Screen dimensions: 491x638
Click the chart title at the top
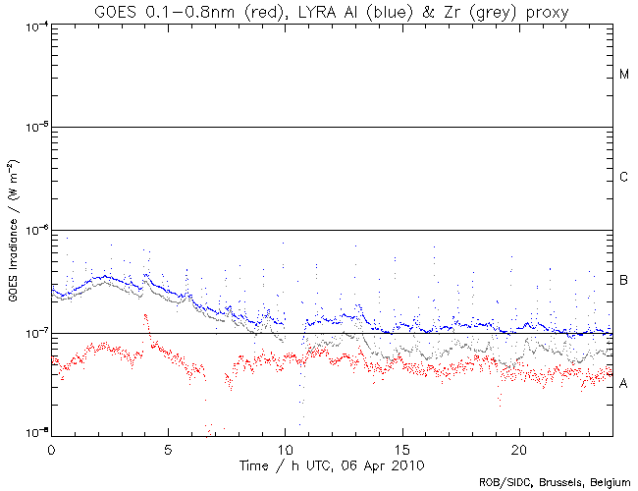(330, 11)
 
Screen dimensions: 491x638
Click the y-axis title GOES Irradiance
(17, 229)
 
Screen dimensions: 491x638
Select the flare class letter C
(624, 178)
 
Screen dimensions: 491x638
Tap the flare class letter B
(624, 282)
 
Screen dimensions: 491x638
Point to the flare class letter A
(624, 384)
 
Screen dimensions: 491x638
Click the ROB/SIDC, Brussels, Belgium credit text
(554, 481)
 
